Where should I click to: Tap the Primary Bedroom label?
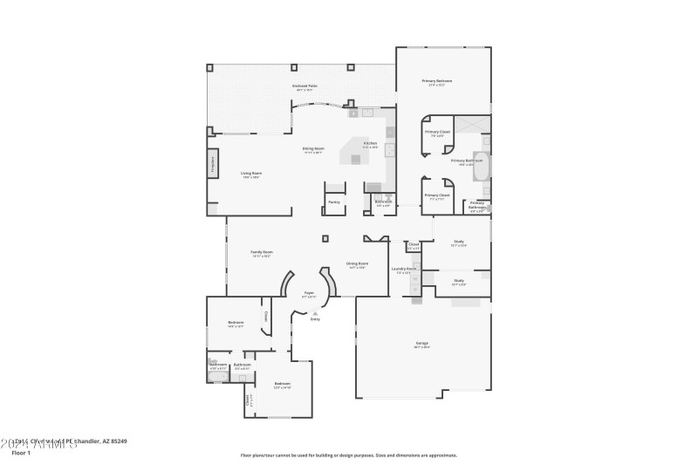coord(440,82)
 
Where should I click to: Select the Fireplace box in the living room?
coord(212,165)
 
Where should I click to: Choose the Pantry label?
coord(334,202)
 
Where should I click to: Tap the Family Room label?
coord(262,253)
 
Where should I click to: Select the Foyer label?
coord(309,294)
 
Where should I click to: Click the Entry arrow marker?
coord(315,312)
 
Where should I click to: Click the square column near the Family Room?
coord(325,237)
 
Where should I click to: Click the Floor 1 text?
coord(21,453)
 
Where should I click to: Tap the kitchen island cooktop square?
coord(355,159)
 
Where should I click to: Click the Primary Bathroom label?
coord(467,161)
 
